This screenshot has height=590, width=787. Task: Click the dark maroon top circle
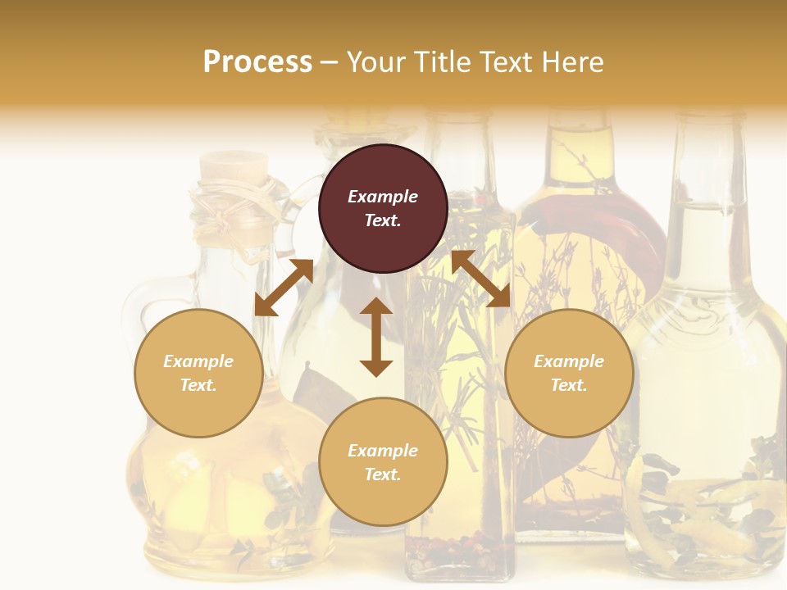(383, 209)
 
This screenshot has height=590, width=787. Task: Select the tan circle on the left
(198, 373)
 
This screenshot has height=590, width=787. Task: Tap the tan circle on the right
(569, 373)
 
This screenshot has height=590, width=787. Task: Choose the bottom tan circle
(383, 461)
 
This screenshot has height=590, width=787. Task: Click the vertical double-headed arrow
(376, 337)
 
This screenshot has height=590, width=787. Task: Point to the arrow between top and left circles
(284, 288)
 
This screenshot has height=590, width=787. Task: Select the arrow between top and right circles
(480, 279)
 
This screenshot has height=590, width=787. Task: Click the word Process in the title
(257, 61)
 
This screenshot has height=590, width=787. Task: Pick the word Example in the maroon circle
(383, 197)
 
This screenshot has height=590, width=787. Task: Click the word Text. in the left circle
(198, 385)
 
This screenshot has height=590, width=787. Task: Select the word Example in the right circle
(569, 361)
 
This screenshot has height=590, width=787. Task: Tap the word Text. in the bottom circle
(383, 474)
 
